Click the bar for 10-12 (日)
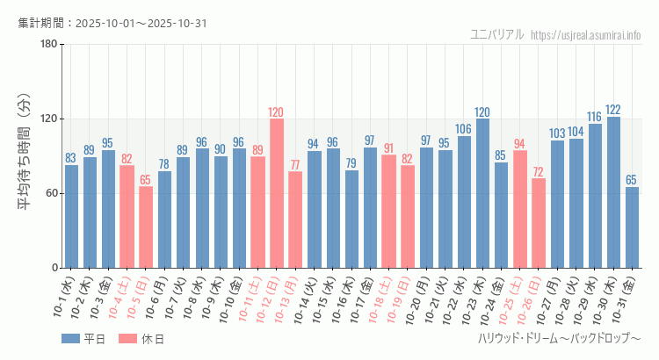click(277, 193)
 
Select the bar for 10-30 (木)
click(613, 192)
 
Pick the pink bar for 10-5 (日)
click(146, 227)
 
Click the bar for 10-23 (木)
click(482, 193)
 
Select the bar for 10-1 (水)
click(71, 216)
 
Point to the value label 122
click(613, 110)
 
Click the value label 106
click(464, 129)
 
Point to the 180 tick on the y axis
click(48, 45)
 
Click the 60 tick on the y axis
click(51, 193)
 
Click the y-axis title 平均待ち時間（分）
click(25, 155)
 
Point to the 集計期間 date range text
click(112, 23)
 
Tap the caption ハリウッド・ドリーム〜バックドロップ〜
click(559, 338)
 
